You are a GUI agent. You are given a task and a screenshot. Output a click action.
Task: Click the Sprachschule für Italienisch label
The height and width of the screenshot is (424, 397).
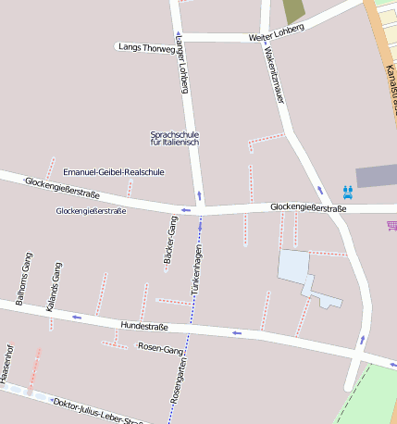click(x=174, y=139)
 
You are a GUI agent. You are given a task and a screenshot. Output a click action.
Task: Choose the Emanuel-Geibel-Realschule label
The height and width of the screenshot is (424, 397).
click(x=113, y=172)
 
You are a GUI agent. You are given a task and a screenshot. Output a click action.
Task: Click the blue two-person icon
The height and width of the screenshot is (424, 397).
click(x=348, y=192)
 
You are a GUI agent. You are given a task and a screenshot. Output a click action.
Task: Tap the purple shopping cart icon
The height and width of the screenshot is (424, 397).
click(x=391, y=225)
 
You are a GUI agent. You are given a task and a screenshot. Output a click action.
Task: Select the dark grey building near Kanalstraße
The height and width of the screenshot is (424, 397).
click(x=376, y=176)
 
